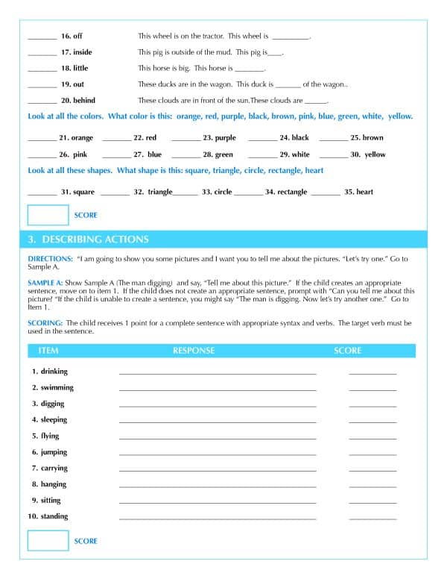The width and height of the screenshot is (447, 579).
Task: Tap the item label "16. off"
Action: [72, 36]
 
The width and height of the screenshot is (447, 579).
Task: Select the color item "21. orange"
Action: [76, 138]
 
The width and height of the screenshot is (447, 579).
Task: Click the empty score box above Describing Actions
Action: [48, 215]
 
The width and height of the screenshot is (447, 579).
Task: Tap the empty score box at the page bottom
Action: [48, 540]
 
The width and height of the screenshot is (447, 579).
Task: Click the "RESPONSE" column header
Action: [194, 351]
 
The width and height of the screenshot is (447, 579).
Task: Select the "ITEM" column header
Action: [48, 351]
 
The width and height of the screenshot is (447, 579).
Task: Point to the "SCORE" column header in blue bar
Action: [347, 351]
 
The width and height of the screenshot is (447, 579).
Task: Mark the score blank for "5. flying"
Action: [372, 437]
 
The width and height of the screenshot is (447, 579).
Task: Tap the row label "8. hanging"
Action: [49, 484]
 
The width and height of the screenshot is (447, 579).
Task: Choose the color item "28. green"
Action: [218, 154]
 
